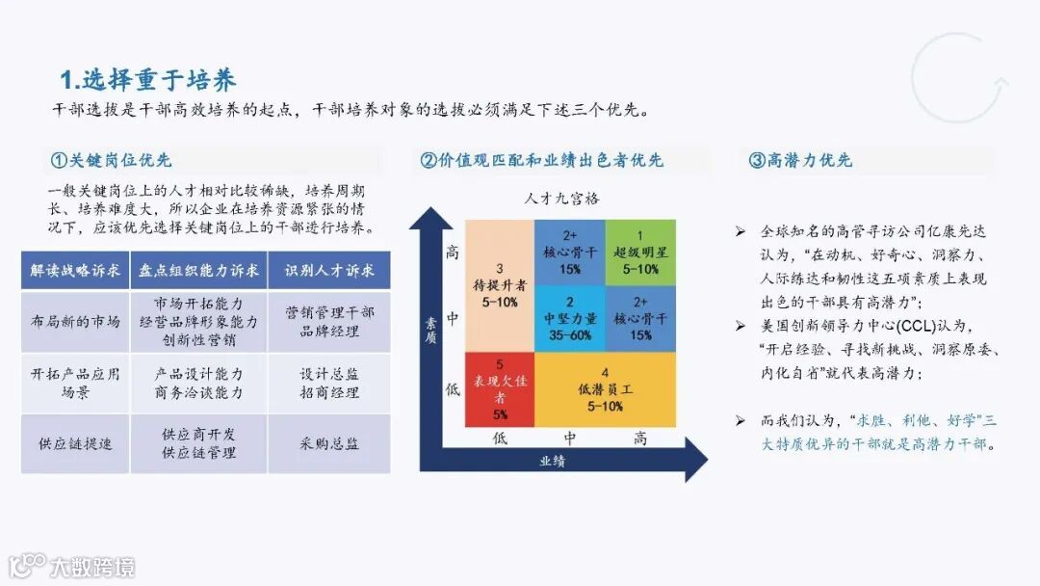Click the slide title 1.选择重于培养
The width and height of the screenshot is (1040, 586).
click(148, 79)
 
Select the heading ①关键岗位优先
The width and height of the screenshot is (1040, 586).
click(111, 160)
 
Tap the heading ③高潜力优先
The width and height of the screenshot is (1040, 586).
click(800, 160)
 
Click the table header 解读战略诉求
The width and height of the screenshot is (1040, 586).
click(75, 271)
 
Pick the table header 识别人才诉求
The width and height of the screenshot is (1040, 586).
click(329, 271)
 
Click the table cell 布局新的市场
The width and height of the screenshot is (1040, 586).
click(75, 321)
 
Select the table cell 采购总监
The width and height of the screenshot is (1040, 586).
click(329, 444)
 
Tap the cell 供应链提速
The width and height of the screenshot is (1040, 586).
click(75, 444)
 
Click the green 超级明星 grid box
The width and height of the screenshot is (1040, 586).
click(640, 252)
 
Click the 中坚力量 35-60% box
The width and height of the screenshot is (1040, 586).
click(570, 318)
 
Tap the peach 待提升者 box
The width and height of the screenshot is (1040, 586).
click(499, 285)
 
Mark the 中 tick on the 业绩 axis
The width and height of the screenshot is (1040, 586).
click(570, 439)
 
